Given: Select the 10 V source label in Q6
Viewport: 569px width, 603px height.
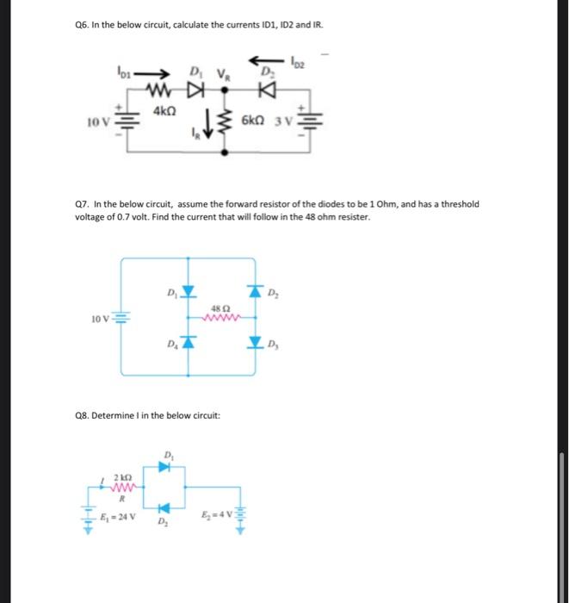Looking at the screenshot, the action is point(97,121).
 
